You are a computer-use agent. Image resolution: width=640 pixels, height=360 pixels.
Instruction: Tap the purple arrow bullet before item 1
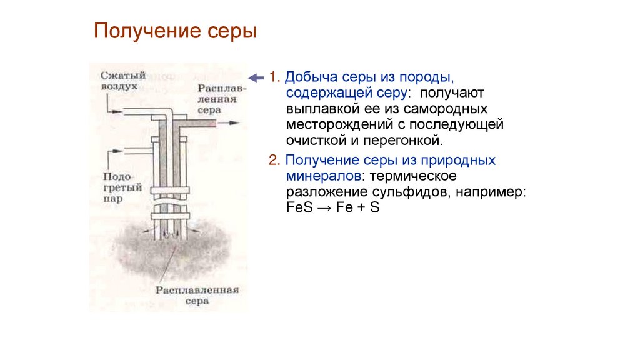[256, 78]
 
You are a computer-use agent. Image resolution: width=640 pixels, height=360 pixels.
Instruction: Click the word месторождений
[333, 124]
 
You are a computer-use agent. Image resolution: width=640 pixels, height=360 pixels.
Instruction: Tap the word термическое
[419, 176]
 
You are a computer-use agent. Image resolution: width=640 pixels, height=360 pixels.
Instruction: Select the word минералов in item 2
[322, 176]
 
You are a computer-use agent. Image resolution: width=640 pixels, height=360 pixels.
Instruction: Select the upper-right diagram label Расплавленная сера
[222, 98]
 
